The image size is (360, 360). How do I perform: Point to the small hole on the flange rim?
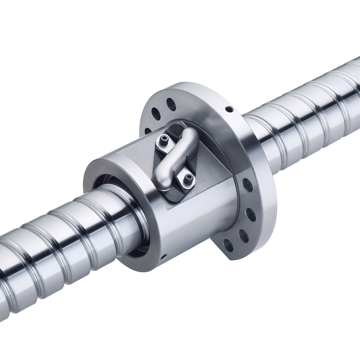tap(229, 109)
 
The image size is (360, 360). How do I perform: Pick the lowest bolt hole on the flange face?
tap(229, 246)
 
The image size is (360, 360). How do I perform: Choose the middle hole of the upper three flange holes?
tap(156, 113)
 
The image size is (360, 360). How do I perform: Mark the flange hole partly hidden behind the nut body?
tap(148, 130)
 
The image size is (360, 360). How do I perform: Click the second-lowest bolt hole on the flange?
tap(243, 235)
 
